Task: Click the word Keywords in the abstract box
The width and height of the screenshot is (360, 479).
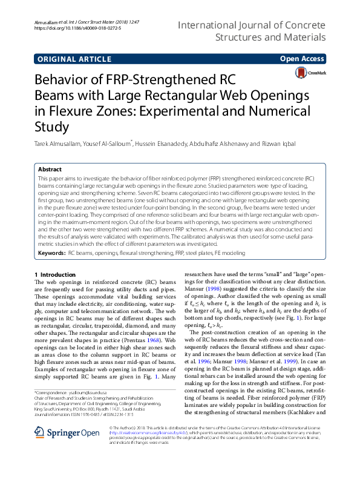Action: click(x=51, y=251)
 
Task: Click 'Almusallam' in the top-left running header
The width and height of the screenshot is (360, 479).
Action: click(x=46, y=22)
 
